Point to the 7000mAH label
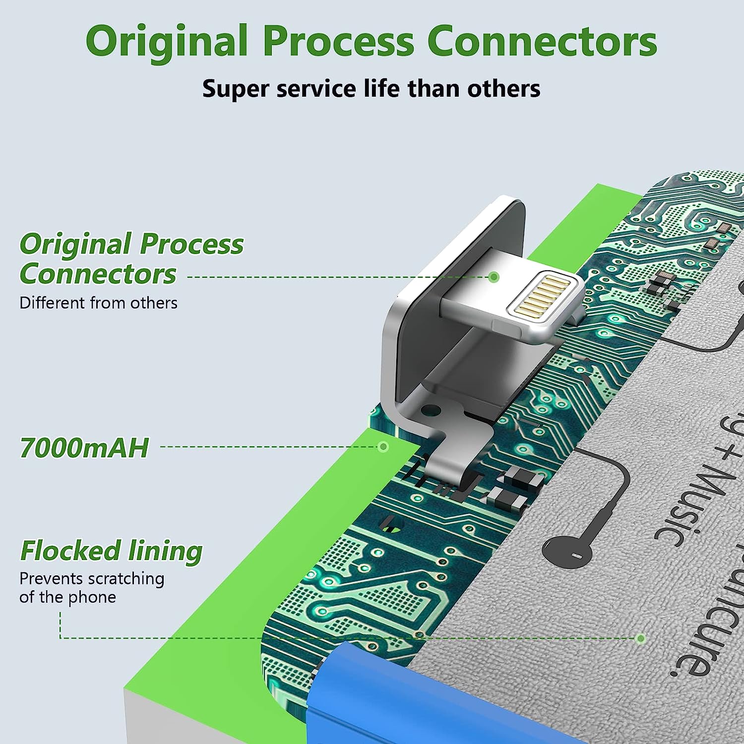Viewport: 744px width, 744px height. click(x=84, y=448)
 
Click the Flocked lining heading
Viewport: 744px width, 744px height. click(x=111, y=551)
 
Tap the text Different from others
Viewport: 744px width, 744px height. click(x=98, y=303)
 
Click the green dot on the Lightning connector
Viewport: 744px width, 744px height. click(x=494, y=277)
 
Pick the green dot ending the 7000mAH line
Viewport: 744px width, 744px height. click(x=383, y=447)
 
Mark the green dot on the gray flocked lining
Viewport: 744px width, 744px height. click(x=641, y=638)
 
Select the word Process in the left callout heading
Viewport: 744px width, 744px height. click(x=191, y=244)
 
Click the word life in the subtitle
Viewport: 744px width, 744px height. click(x=381, y=89)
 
